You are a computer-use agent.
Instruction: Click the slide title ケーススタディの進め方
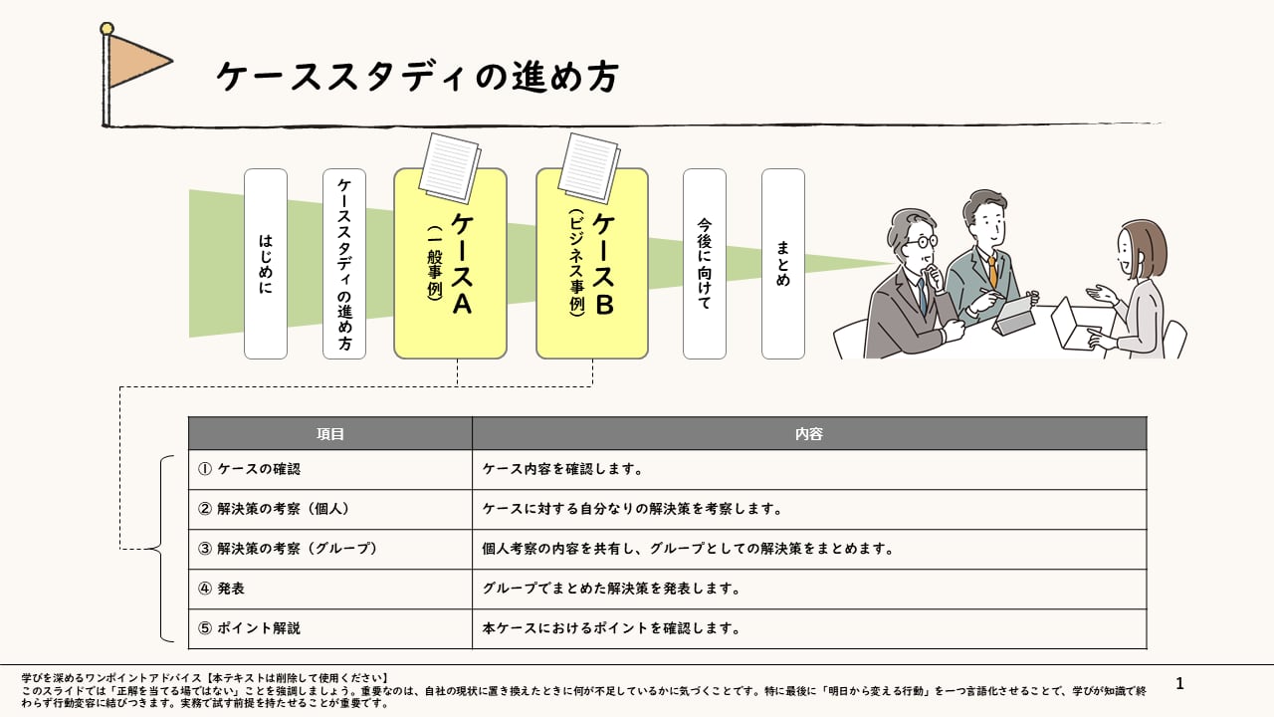[x=417, y=77]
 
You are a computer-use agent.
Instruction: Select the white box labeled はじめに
[x=266, y=264]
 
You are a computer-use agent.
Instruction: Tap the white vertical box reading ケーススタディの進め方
[x=344, y=264]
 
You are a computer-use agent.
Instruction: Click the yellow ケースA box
[x=451, y=264]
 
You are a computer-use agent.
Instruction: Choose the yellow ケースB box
[x=592, y=264]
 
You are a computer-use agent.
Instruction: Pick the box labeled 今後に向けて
[x=705, y=264]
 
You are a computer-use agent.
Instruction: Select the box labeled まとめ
[x=783, y=264]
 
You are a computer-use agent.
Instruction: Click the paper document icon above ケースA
[x=450, y=168]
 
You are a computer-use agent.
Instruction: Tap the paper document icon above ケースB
[x=589, y=168]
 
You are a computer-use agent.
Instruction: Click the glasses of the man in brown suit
[x=922, y=241]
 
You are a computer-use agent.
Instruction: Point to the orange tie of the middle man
[x=992, y=272]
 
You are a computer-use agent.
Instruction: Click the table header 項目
[x=329, y=433]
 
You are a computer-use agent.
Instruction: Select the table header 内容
[x=809, y=433]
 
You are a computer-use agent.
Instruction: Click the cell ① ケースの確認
[x=329, y=469]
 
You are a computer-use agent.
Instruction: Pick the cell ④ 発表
[x=329, y=589]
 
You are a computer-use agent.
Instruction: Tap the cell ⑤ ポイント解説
[x=329, y=628]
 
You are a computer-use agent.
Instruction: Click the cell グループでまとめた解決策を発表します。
[x=809, y=589]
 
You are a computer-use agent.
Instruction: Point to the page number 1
[x=1179, y=683]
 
